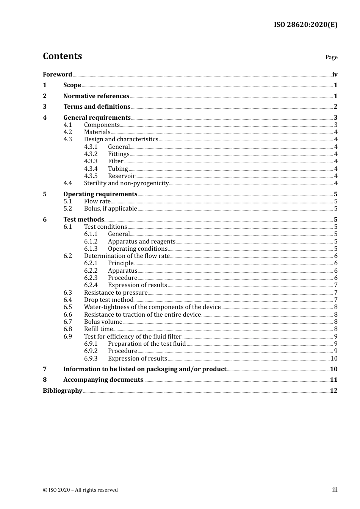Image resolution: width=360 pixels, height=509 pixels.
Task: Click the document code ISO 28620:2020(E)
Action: (x=305, y=25)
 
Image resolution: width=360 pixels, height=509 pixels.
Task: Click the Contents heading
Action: (x=63, y=56)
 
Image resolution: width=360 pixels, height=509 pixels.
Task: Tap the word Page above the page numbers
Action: (x=331, y=57)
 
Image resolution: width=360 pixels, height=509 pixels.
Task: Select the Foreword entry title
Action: (x=57, y=74)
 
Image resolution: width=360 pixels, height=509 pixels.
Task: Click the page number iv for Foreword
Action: (x=335, y=75)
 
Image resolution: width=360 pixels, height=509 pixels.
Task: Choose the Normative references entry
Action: (x=96, y=96)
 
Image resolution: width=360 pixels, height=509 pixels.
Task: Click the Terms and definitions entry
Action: (x=97, y=107)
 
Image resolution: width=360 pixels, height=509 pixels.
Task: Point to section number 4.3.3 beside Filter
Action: (x=91, y=161)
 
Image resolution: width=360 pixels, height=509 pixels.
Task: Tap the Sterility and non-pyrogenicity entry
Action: (x=126, y=183)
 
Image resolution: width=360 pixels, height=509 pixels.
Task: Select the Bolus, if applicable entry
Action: (x=110, y=209)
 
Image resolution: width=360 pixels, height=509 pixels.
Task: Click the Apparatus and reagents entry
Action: (x=141, y=242)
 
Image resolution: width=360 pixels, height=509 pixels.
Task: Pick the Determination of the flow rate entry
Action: (x=127, y=256)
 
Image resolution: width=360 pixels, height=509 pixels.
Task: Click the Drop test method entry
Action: (x=108, y=300)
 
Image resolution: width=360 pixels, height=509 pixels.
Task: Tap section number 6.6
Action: (x=68, y=315)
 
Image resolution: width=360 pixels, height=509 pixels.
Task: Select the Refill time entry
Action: (x=98, y=329)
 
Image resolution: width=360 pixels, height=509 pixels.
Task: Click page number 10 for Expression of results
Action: (x=334, y=359)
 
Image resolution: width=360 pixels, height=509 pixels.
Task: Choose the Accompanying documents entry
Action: (x=103, y=380)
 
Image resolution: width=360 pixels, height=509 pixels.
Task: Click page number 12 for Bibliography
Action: (x=333, y=391)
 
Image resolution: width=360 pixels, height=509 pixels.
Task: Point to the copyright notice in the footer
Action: (x=80, y=490)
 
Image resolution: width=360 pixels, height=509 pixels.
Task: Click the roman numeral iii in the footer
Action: (x=335, y=490)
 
